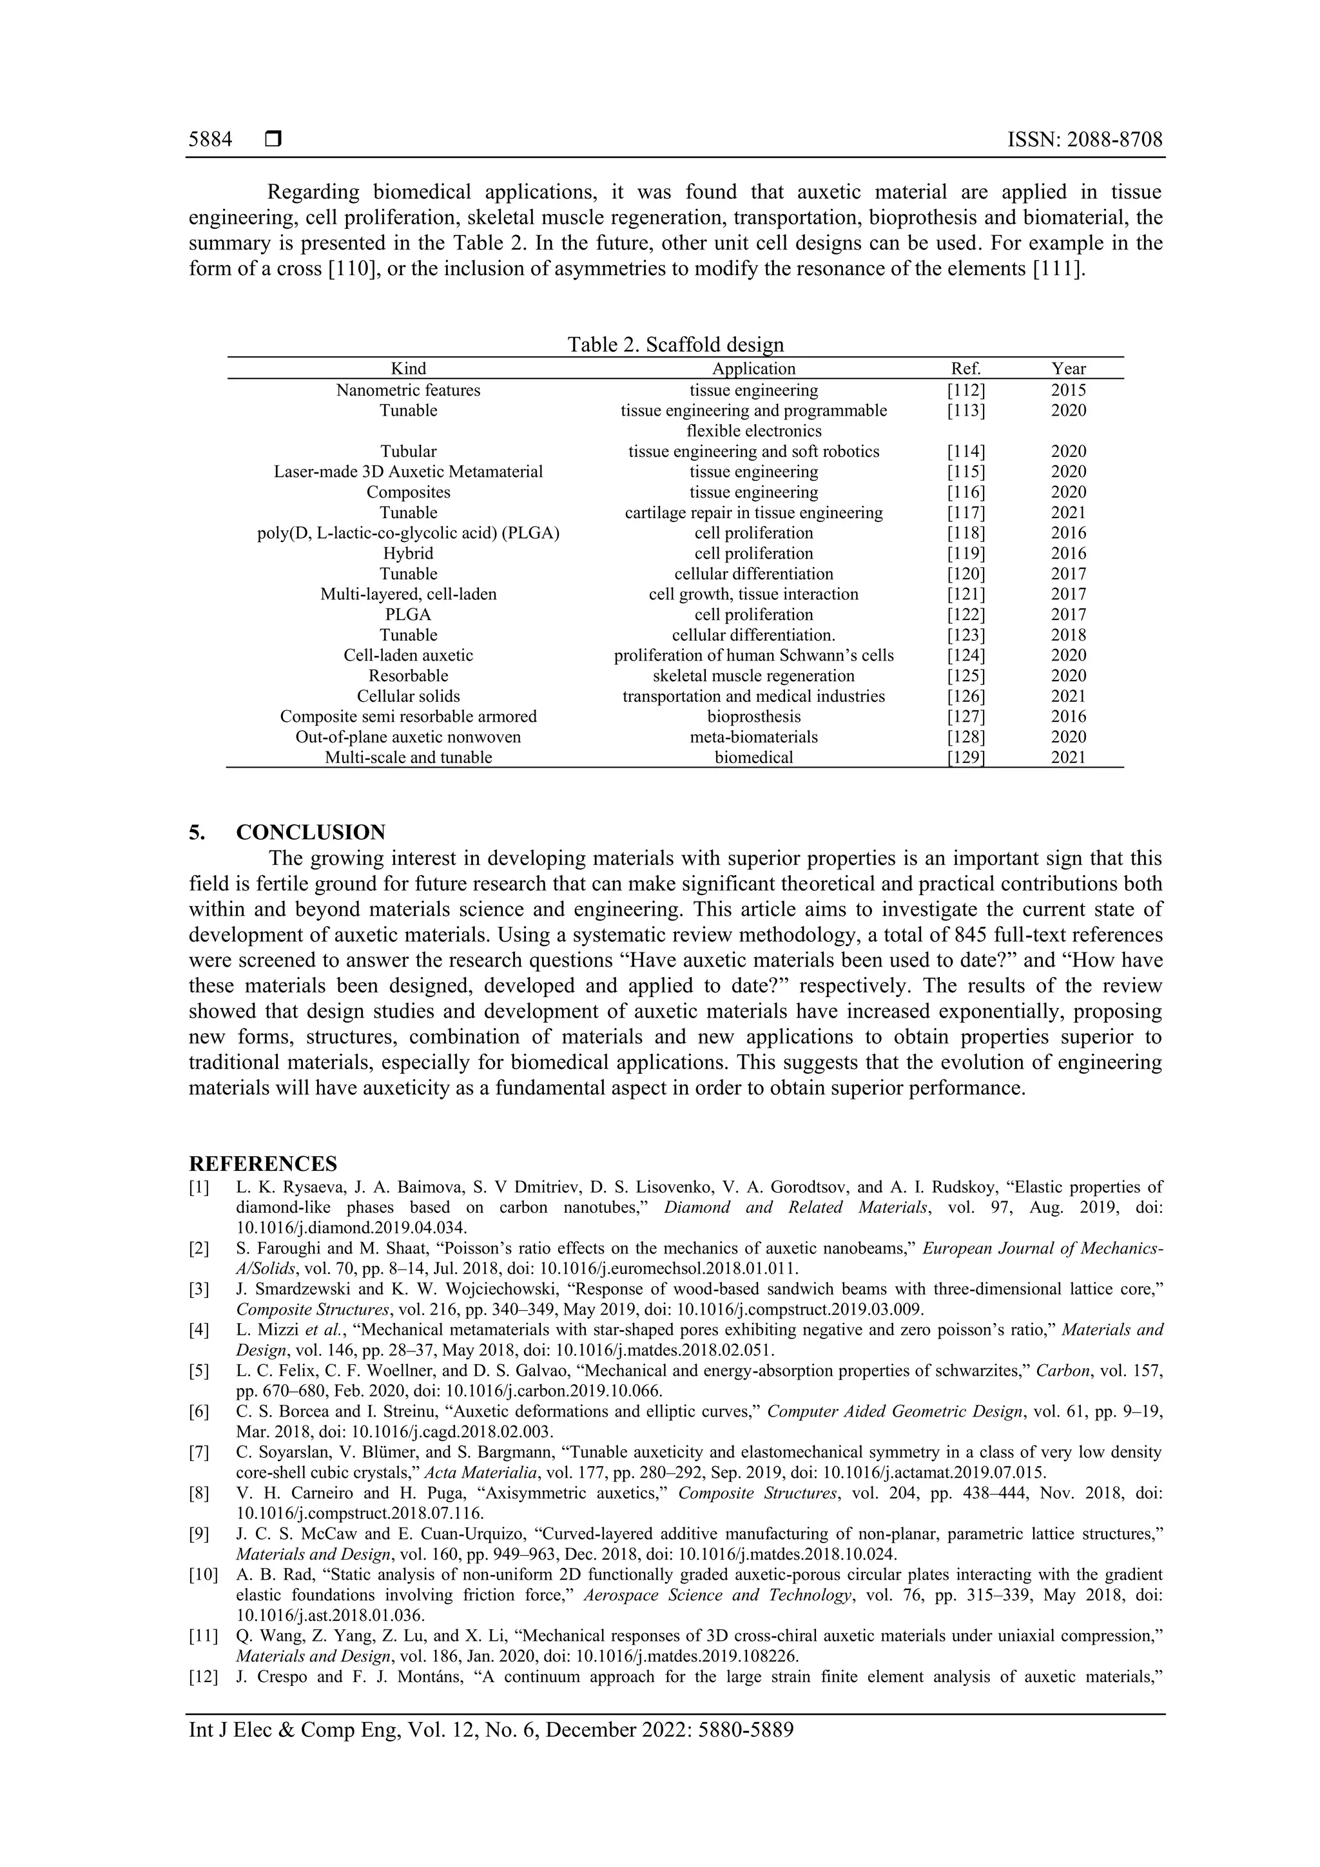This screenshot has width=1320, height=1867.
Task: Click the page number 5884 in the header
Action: pyautogui.click(x=210, y=140)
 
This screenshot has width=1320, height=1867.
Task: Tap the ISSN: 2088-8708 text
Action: pyautogui.click(x=1084, y=140)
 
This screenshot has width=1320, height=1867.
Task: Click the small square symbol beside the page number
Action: pyautogui.click(x=273, y=140)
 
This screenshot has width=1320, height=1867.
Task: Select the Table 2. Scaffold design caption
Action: pyautogui.click(x=675, y=345)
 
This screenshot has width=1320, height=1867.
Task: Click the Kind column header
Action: pyautogui.click(x=408, y=369)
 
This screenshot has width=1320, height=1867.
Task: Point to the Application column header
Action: pyautogui.click(x=753, y=369)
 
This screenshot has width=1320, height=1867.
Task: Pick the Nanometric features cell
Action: pyautogui.click(x=408, y=391)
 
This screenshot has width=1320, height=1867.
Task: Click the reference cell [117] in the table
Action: pyautogui.click(x=966, y=513)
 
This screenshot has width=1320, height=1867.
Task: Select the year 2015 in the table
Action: pyautogui.click(x=1068, y=391)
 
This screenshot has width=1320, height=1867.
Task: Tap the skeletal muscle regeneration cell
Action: pyautogui.click(x=753, y=676)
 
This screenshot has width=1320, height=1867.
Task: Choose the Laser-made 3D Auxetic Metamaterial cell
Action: pyautogui.click(x=408, y=472)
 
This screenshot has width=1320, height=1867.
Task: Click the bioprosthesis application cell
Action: pyautogui.click(x=753, y=717)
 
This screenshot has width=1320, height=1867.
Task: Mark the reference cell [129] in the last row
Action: pyautogui.click(x=966, y=757)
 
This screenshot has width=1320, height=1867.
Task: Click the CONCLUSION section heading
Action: pyautogui.click(x=311, y=833)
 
